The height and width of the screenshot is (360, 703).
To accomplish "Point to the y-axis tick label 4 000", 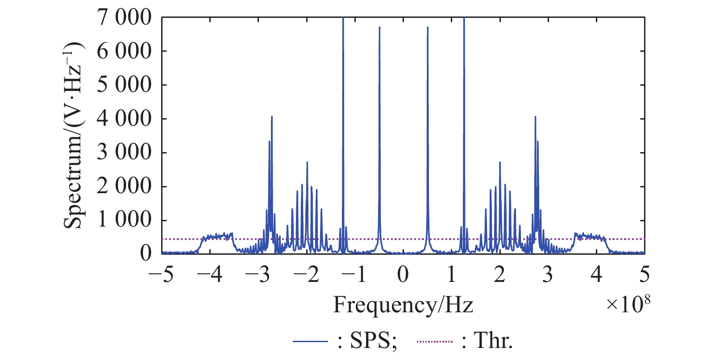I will click(125, 119).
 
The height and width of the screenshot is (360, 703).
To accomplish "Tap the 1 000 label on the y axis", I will click(125, 220).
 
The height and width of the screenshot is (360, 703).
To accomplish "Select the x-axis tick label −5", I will click(162, 274).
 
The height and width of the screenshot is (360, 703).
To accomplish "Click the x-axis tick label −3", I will click(258, 274).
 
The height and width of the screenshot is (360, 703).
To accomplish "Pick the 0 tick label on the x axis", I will click(403, 274).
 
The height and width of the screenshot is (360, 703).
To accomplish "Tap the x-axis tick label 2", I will click(500, 274).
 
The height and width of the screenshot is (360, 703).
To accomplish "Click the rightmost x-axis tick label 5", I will click(645, 274).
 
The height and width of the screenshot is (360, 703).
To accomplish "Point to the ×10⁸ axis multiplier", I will click(628, 304).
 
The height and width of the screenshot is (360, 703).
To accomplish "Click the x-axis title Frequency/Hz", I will click(403, 305).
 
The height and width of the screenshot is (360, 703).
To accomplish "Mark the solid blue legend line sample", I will click(311, 342).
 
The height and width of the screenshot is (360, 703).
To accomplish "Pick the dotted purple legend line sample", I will click(435, 342).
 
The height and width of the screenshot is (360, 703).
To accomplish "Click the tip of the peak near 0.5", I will click(428, 27).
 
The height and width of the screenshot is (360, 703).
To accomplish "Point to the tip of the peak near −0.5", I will click(379, 27).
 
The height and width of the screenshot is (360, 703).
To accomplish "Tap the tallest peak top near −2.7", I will click(271, 117).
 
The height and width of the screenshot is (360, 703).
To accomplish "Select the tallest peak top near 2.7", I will click(535, 117).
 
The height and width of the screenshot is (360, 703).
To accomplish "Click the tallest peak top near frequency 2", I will click(500, 162).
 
